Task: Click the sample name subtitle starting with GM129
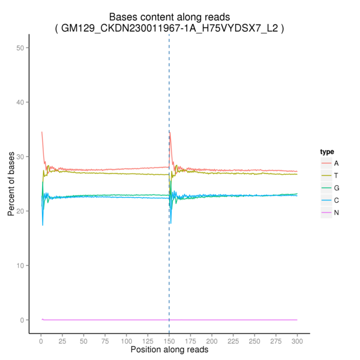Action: point(169,28)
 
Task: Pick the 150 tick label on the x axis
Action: point(169,341)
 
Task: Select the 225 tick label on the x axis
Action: point(233,341)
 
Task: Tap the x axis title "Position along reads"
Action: point(169,349)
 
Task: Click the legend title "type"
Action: point(327,152)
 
